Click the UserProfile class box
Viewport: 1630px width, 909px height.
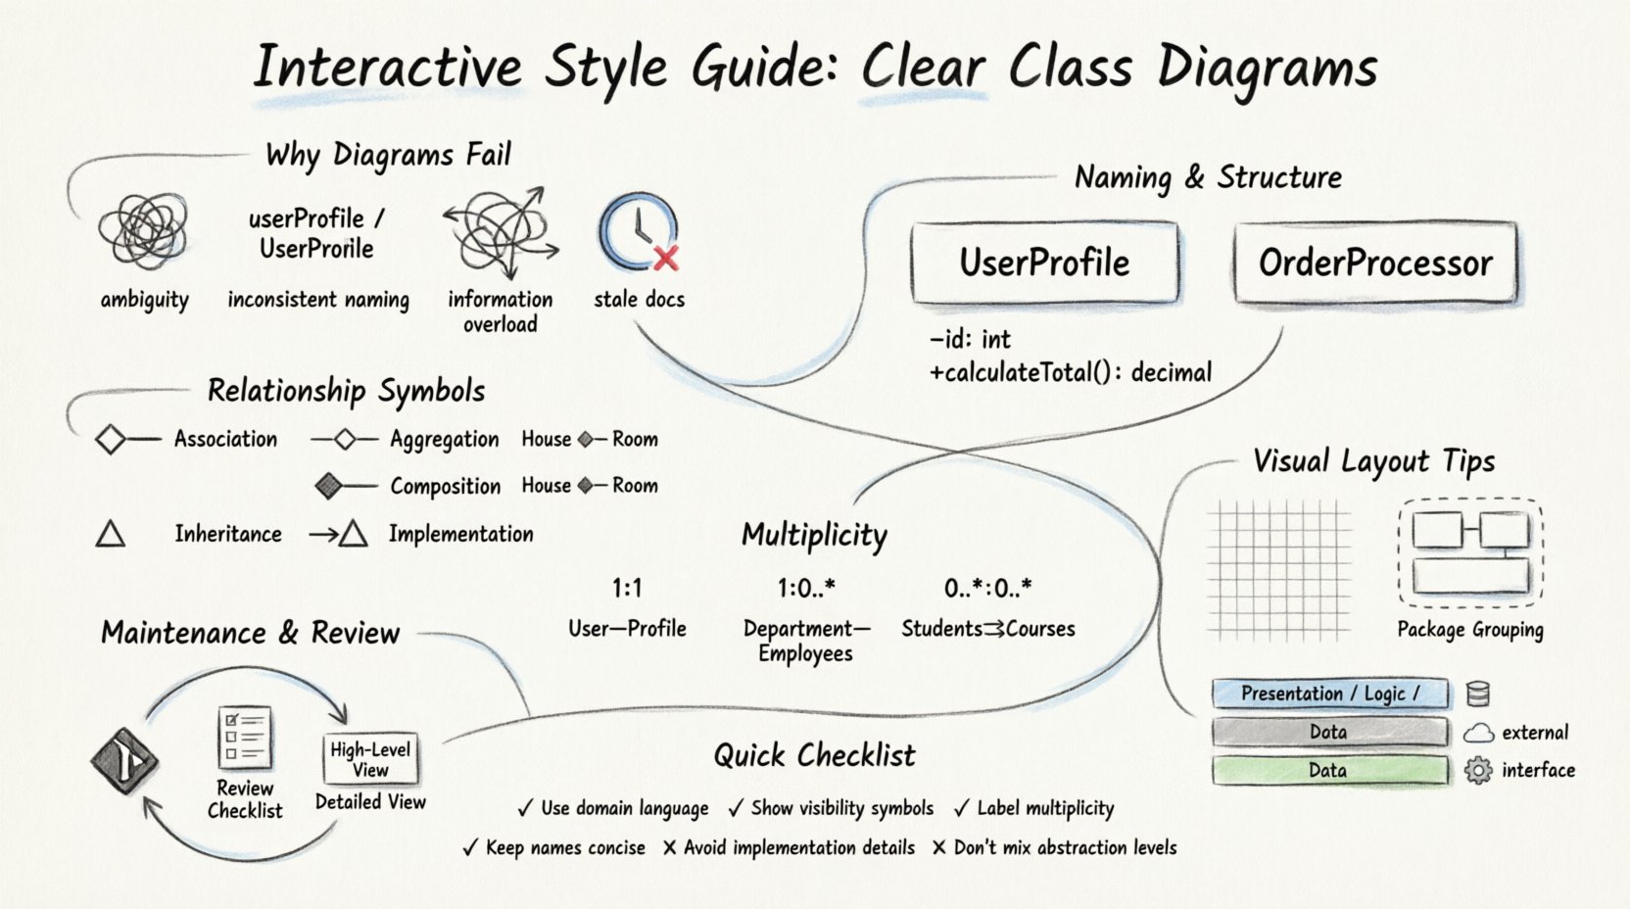tap(1044, 263)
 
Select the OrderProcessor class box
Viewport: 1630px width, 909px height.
tap(1375, 263)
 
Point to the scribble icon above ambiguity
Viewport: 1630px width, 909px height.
tap(144, 231)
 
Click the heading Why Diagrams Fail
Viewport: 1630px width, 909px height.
tap(388, 155)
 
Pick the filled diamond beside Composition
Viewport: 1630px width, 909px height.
tap(329, 485)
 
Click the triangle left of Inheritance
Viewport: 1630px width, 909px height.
tap(111, 534)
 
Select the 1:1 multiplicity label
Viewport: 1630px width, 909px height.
tap(627, 588)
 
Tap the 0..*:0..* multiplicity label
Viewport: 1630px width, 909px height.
tap(987, 588)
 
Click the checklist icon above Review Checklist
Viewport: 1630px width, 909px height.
tap(244, 738)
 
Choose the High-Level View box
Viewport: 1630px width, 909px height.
tap(370, 759)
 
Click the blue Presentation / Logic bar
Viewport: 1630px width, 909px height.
tap(1329, 694)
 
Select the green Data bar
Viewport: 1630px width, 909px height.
tap(1329, 770)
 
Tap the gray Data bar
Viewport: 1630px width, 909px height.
tap(1329, 732)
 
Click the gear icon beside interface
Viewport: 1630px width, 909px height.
tap(1477, 770)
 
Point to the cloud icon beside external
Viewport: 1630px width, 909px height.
tap(1478, 733)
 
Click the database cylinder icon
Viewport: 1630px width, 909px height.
tap(1478, 694)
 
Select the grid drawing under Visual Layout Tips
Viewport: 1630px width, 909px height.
tap(1278, 569)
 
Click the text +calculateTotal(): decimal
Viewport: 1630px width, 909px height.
tap(1071, 372)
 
